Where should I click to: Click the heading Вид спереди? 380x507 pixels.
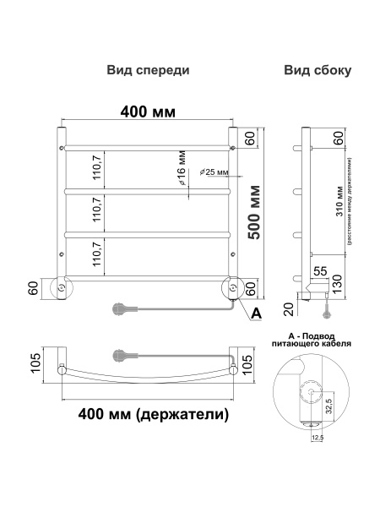148,71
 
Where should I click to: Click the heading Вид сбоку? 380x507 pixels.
317,71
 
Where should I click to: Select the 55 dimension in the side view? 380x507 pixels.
320,271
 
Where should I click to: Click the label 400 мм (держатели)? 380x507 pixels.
152,415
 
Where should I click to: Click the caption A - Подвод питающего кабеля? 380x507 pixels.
312,341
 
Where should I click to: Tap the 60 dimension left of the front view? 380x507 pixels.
33,289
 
